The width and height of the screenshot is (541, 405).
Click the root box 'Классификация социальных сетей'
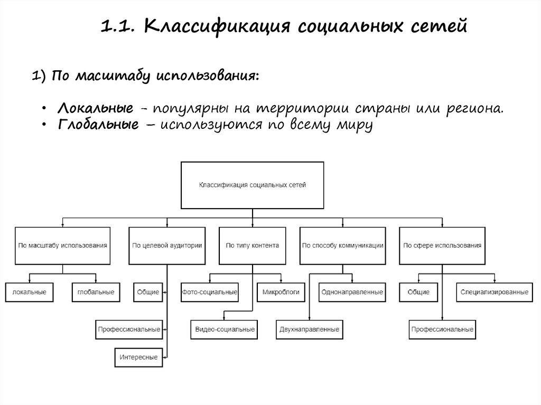click(252, 185)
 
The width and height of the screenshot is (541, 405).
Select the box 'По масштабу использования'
click(63, 246)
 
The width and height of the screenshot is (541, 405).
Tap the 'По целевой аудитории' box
click(166, 246)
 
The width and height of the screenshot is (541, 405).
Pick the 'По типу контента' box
click(252, 246)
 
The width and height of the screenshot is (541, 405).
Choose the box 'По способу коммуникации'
click(342, 246)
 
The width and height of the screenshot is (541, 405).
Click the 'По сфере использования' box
click(442, 246)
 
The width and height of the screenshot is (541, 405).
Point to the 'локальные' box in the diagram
click(30, 292)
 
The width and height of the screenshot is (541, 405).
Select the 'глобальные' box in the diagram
click(96, 292)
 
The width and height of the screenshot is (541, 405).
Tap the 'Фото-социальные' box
click(209, 292)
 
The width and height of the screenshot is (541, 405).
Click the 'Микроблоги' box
click(281, 292)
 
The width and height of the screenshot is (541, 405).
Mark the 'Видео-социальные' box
click(225, 329)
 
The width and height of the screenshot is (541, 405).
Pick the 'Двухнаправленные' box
click(308, 329)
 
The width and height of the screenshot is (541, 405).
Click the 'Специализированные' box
click(494, 292)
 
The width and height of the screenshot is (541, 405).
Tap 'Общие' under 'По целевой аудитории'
click(148, 292)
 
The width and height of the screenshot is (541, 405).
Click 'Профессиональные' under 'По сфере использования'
click(442, 329)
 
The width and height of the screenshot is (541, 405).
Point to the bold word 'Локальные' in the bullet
click(95, 109)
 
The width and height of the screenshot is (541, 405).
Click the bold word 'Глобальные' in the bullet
click(99, 125)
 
